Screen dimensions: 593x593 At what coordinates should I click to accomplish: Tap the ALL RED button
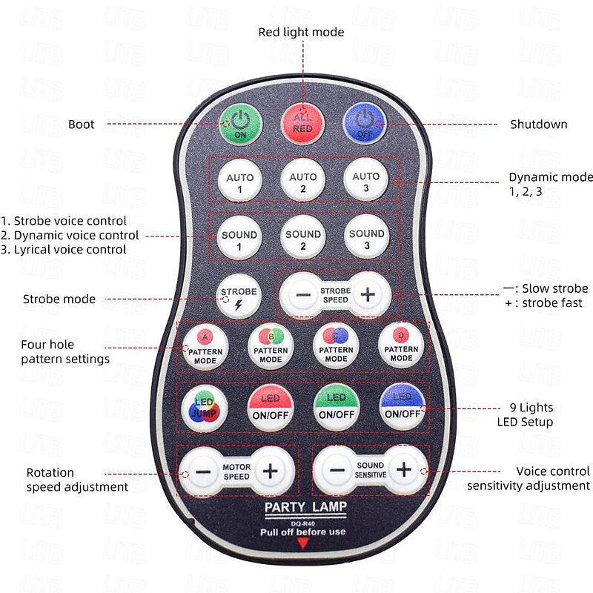click(x=302, y=121)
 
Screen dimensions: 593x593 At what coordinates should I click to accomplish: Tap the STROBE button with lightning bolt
click(x=239, y=296)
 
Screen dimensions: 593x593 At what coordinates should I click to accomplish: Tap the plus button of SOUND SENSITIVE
click(x=403, y=469)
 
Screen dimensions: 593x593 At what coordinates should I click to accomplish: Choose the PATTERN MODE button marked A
click(x=200, y=345)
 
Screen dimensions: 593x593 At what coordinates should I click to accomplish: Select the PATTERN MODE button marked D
click(x=401, y=345)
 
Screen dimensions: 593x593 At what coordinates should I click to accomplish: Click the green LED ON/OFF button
click(x=336, y=406)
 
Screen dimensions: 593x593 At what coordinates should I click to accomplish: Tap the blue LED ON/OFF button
click(x=401, y=406)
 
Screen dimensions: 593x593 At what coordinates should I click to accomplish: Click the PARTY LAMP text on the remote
click(x=300, y=508)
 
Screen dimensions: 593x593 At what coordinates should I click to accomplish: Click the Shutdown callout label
click(x=538, y=125)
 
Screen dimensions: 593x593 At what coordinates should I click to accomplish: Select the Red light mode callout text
click(x=301, y=32)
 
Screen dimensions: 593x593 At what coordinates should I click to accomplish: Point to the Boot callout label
click(x=82, y=125)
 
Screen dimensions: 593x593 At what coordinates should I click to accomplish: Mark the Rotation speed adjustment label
click(x=77, y=480)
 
